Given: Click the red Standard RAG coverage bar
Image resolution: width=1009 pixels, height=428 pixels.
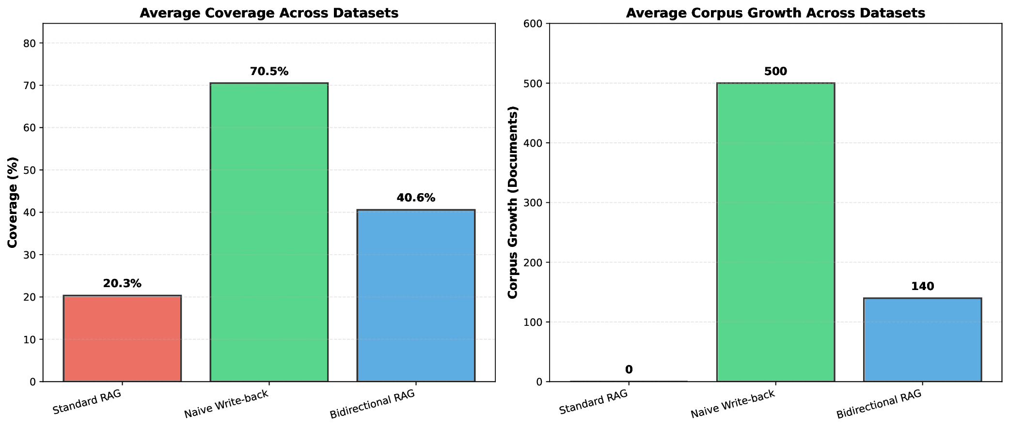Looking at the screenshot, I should pyautogui.click(x=122, y=338).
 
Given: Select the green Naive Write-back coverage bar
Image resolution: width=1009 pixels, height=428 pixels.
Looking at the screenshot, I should pyautogui.click(x=269, y=232).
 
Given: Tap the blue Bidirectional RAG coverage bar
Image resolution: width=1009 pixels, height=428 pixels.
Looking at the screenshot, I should pyautogui.click(x=416, y=295).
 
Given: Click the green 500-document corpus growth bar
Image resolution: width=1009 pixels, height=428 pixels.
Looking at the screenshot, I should pyautogui.click(x=775, y=232).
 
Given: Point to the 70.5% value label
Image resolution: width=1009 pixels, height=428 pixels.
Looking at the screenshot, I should pyautogui.click(x=269, y=72).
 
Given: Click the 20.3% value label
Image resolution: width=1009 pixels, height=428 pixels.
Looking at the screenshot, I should pyautogui.click(x=122, y=284).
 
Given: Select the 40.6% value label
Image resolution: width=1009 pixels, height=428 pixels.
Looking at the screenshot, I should pyautogui.click(x=416, y=198).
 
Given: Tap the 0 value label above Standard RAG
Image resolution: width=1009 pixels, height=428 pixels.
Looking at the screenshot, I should pyautogui.click(x=629, y=370).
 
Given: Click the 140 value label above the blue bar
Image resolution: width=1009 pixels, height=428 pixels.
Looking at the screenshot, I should pyautogui.click(x=922, y=287).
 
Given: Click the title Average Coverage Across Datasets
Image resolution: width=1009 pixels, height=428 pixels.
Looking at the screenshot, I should pyautogui.click(x=269, y=13).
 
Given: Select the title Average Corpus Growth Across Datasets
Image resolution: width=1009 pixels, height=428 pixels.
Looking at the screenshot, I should pyautogui.click(x=775, y=13).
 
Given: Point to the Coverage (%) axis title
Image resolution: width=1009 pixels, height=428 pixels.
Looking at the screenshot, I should pyautogui.click(x=13, y=202).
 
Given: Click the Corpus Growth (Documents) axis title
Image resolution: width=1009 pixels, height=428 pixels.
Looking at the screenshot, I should pyautogui.click(x=513, y=202).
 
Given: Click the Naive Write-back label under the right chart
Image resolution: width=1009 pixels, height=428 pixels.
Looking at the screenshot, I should pyautogui.click(x=733, y=405).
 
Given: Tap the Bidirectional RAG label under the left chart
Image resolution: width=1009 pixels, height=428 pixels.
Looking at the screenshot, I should pyautogui.click(x=372, y=405).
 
